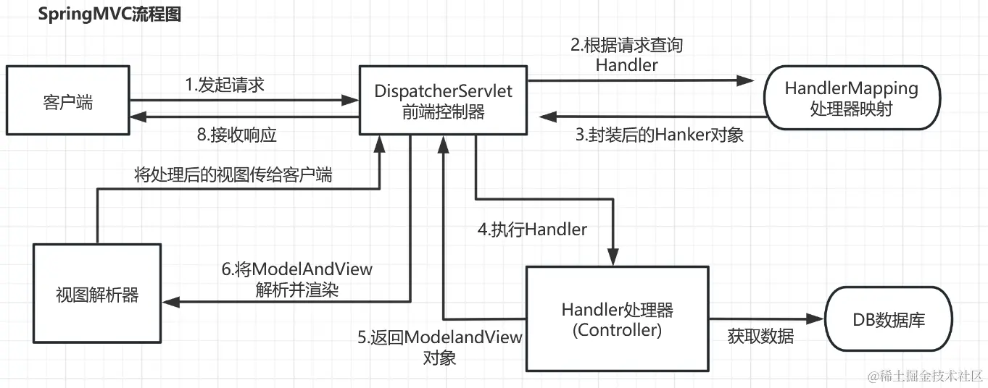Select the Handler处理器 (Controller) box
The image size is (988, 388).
617,319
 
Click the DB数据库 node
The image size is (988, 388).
888,319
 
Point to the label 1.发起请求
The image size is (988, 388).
225,85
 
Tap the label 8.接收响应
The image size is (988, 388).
236,135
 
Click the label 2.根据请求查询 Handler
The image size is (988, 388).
626,55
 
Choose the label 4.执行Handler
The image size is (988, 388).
532,229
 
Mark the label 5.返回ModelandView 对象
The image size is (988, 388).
440,347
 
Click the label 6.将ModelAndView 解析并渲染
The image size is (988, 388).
297,279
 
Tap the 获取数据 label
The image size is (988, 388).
760,337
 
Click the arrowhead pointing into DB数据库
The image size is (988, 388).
816,319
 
